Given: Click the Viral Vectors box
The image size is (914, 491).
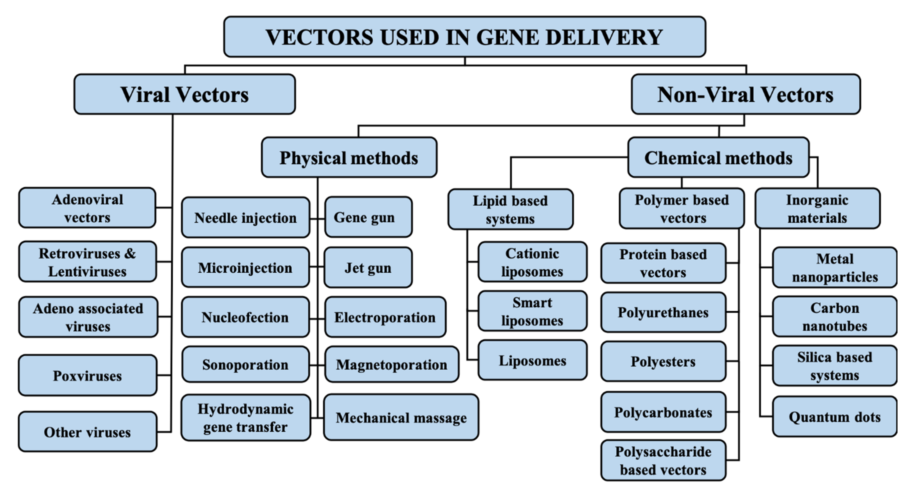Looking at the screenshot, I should point(185,94).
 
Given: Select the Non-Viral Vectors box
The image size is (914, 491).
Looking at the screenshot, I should point(745,94).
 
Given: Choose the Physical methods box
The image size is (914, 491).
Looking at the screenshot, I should point(349,158).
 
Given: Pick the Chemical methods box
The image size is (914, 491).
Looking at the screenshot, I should point(718,158).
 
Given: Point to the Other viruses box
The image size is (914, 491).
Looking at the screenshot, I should point(87,432).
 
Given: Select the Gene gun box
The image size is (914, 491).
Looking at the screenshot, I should point(368,217).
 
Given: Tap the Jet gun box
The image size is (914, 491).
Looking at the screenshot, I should point(368,268).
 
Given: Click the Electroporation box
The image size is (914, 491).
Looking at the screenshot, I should point(385,317).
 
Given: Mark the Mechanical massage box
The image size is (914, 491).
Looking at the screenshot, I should point(401,418).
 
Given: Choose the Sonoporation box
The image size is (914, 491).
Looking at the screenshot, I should point(245,364).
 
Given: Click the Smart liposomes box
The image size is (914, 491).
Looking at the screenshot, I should point(532,311).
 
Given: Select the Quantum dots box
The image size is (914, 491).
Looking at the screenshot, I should point(835,417).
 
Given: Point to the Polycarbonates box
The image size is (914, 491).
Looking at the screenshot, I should point(663,412).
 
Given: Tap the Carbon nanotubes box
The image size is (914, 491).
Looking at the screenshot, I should point(835,317).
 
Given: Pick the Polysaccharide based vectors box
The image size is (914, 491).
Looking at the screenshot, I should point(663,460).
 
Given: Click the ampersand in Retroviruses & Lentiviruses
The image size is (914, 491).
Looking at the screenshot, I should point(130,253).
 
